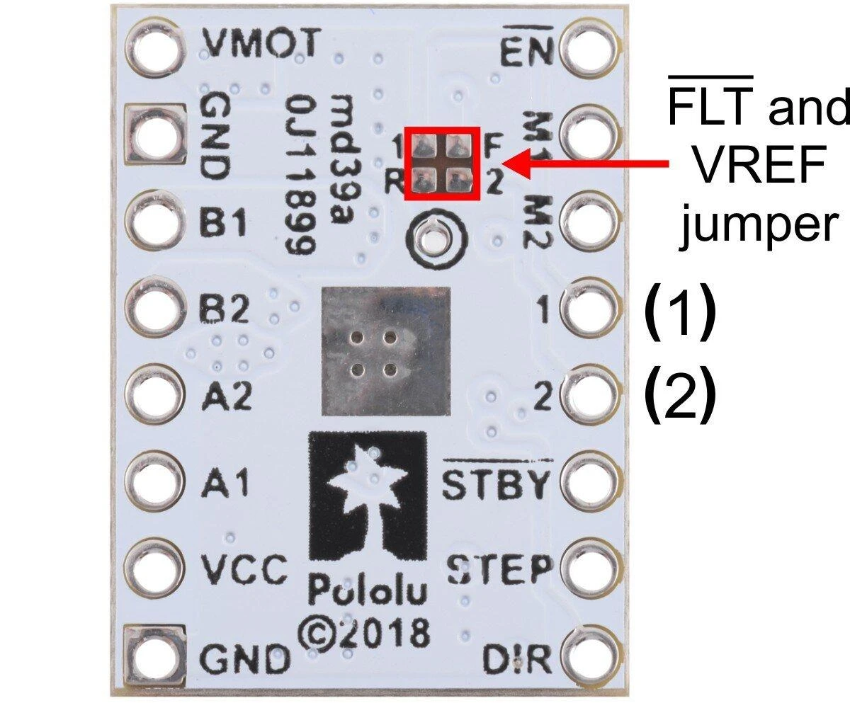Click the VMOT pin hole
coord(154,48)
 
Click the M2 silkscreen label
coord(538,222)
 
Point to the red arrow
coord(585,164)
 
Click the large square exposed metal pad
coord(386,351)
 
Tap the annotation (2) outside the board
coord(680,394)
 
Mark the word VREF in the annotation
coord(759,166)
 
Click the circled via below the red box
coord(436,240)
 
